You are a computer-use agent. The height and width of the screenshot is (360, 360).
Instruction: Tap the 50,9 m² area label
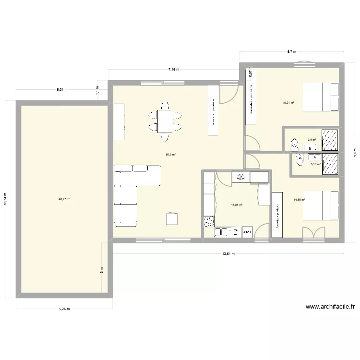pos(170,155)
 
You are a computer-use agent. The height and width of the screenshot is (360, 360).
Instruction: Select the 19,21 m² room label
pos(288,102)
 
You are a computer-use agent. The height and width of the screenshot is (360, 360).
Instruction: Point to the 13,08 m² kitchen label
pos(236,205)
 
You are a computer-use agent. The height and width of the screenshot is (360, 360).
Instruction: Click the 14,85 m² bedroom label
pos(300,200)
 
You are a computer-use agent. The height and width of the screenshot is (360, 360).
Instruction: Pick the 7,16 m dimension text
pos(173,70)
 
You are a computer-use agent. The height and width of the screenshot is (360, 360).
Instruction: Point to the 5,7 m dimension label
pos(291,51)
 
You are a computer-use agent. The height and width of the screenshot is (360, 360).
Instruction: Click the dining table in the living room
pos(165,121)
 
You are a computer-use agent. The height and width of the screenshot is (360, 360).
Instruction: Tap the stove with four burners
pos(209,221)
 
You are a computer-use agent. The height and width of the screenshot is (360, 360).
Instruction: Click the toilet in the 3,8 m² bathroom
pos(294,142)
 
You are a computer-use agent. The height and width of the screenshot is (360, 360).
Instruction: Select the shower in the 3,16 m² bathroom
pos(330,164)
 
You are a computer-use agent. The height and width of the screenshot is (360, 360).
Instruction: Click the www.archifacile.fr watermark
pos(329,306)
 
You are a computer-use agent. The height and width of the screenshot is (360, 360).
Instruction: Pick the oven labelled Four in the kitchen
pos(247,232)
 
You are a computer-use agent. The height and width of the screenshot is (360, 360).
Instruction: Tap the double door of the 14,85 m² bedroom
pos(313,232)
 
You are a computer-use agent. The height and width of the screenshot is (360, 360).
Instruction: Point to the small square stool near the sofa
pos(172,219)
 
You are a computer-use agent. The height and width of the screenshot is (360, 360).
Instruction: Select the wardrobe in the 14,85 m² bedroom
pos(277,215)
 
